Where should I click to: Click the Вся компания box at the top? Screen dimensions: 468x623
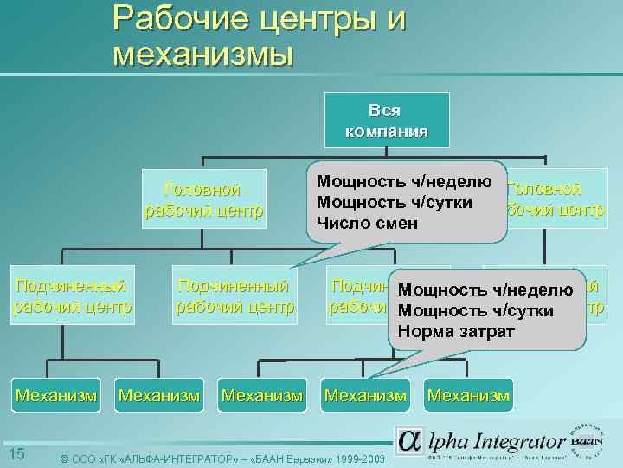[386, 120]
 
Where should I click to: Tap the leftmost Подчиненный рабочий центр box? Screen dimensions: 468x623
[73, 296]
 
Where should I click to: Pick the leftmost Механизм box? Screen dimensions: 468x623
[55, 396]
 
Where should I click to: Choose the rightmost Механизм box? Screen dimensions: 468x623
[469, 396]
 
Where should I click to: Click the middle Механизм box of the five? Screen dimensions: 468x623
[262, 396]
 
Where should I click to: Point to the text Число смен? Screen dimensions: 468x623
[368, 224]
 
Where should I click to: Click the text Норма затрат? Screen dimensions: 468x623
[456, 332]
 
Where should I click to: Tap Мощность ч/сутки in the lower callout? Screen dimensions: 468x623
[476, 311]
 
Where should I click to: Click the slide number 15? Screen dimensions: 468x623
[16, 455]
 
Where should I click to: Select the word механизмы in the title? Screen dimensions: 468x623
[202, 54]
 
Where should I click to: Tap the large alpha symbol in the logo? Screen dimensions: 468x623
[408, 439]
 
